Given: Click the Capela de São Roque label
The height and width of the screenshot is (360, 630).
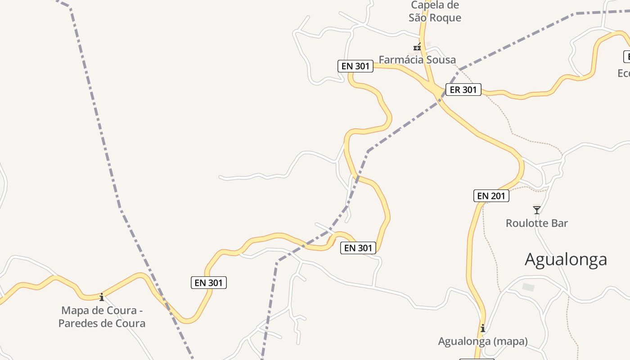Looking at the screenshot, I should [x=435, y=12].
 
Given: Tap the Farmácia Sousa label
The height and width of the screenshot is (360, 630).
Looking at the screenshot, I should [x=417, y=59].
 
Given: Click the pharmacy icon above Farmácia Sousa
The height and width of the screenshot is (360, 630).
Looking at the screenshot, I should [x=417, y=46].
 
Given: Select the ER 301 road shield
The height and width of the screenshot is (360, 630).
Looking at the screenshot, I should [x=463, y=90].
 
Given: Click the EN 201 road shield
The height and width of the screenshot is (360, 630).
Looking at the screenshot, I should [x=491, y=196].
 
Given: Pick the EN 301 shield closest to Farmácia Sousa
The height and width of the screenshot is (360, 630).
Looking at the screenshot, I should [x=355, y=66].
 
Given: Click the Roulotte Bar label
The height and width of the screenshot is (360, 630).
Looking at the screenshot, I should [x=537, y=223].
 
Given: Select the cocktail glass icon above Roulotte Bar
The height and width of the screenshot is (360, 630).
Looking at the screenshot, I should [x=536, y=210].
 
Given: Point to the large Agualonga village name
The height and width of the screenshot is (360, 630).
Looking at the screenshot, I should [x=566, y=259].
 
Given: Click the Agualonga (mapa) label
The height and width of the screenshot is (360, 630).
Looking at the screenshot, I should [x=483, y=341].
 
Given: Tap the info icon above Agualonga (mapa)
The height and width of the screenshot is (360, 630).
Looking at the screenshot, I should [x=483, y=328].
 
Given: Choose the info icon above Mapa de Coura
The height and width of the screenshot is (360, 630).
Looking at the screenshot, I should [x=102, y=297].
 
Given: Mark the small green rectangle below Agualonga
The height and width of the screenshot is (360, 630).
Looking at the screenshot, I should [x=528, y=287].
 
